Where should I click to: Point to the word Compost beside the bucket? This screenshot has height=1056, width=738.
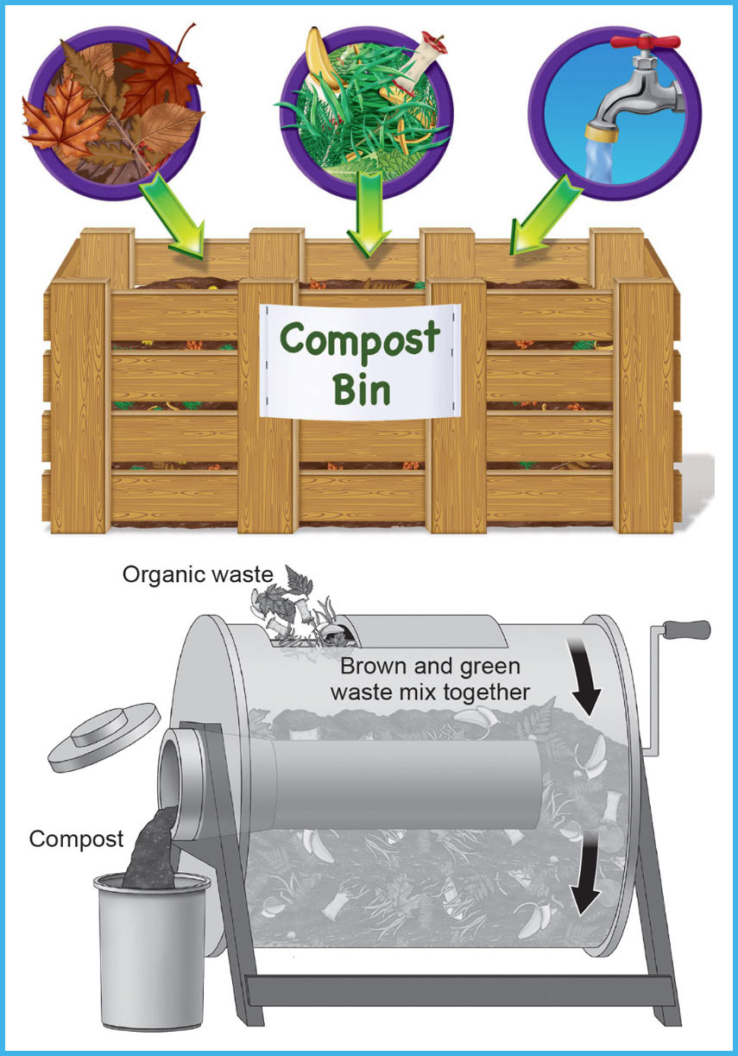(x=77, y=838)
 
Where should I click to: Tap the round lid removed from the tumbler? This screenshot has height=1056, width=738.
(x=104, y=737)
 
